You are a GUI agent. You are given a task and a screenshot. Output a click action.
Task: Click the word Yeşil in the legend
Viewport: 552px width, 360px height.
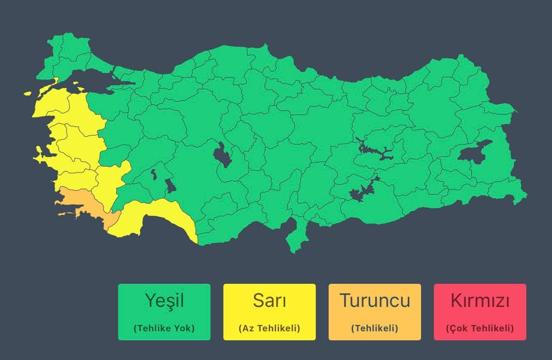pyautogui.click(x=164, y=300)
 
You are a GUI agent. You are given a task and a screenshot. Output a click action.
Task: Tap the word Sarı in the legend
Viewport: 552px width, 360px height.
pyautogui.click(x=269, y=300)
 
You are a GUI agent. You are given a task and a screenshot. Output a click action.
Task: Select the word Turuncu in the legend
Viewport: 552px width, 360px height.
pyautogui.click(x=374, y=300)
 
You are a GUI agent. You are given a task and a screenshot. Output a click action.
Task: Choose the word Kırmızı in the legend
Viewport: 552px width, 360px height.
pyautogui.click(x=480, y=300)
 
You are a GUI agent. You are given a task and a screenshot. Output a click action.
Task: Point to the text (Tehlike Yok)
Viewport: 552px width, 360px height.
pyautogui.click(x=164, y=328)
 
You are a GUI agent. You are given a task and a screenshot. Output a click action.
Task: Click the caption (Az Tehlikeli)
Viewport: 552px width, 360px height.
pyautogui.click(x=269, y=328)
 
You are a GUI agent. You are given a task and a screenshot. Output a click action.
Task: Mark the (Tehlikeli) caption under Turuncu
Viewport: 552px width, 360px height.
pyautogui.click(x=374, y=328)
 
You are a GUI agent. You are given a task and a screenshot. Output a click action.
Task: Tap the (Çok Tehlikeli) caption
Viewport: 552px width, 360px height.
pyautogui.click(x=480, y=329)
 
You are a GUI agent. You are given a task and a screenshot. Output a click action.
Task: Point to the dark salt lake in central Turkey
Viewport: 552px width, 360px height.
pyautogui.click(x=222, y=155)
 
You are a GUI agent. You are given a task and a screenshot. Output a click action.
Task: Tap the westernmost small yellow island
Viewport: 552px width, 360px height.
pyautogui.click(x=27, y=93)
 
